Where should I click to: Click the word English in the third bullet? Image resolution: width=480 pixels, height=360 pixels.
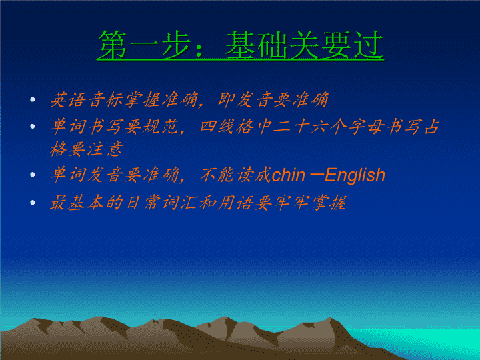tap(355, 175)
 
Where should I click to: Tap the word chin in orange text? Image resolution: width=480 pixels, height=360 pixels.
tap(289, 175)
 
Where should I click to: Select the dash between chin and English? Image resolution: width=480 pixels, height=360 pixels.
tap(315, 176)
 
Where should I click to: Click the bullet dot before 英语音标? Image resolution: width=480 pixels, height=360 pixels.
tap(33, 99)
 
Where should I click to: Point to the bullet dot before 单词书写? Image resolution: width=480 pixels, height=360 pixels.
tap(33, 126)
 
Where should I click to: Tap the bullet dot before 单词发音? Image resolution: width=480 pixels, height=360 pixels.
tap(33, 175)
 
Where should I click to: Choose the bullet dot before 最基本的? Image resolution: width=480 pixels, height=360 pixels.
tap(33, 203)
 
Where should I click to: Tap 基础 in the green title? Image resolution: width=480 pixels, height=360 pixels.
tap(257, 45)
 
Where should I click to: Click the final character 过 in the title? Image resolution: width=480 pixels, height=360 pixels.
tap(368, 45)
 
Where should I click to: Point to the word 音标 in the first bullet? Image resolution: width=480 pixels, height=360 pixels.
tap(105, 99)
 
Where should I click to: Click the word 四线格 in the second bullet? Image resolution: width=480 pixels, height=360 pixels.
tap(227, 127)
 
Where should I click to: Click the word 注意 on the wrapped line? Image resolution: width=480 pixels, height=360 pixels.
tap(105, 149)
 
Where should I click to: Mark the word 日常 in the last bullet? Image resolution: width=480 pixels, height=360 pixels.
tap(143, 203)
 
